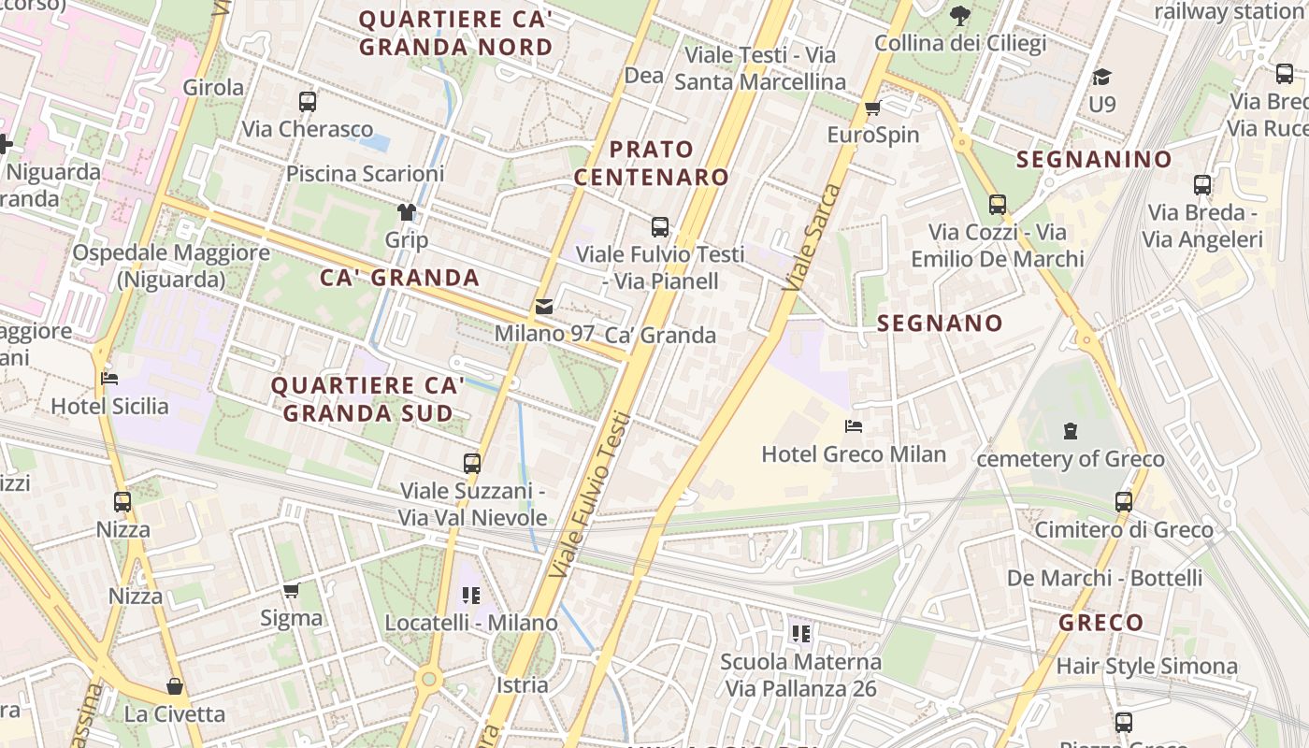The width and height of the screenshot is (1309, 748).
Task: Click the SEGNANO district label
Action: click(940, 324)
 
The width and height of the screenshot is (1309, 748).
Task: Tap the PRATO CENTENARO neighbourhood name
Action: click(652, 163)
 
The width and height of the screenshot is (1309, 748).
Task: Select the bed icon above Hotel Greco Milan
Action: click(853, 426)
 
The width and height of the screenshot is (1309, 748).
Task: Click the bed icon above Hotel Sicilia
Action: click(109, 379)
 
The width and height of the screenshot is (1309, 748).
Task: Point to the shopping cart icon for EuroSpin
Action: click(873, 108)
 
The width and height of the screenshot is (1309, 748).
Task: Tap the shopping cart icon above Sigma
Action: click(291, 590)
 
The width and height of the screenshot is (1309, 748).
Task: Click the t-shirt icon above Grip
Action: click(407, 212)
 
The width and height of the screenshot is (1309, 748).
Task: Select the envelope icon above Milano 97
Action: click(543, 306)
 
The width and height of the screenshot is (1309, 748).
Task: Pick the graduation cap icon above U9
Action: click(1102, 77)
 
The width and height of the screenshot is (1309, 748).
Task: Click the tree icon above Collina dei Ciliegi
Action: click(959, 15)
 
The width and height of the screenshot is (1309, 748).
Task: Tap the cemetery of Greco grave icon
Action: click(1071, 431)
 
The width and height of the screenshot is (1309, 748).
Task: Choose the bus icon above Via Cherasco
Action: click(308, 102)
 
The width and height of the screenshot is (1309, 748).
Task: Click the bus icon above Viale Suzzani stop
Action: click(472, 463)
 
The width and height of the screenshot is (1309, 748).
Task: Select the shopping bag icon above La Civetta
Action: click(175, 686)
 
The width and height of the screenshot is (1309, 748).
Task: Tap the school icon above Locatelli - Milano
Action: click(471, 595)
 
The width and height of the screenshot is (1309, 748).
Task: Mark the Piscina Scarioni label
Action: click(365, 174)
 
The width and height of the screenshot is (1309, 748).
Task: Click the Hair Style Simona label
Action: click(1146, 667)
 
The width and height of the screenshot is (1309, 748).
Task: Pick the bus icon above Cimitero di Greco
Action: click(1124, 502)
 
